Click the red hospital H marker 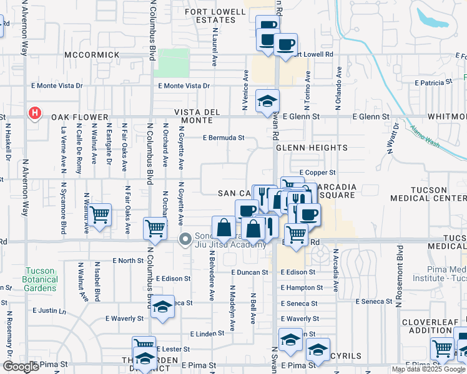pyautogui.click(x=35, y=113)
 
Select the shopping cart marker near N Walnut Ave pyautogui.click(x=100, y=216)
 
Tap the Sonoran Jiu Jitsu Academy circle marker pyautogui.click(x=185, y=239)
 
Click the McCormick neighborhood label pyautogui.click(x=91, y=55)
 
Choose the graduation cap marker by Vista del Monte pyautogui.click(x=267, y=101)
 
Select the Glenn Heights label pyautogui.click(x=312, y=148)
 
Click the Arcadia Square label pyautogui.click(x=337, y=191)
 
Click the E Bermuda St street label pyautogui.click(x=223, y=138)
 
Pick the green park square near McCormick pyautogui.click(x=174, y=63)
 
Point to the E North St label pyautogui.click(x=128, y=261)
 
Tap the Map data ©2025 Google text pyautogui.click(x=428, y=369)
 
